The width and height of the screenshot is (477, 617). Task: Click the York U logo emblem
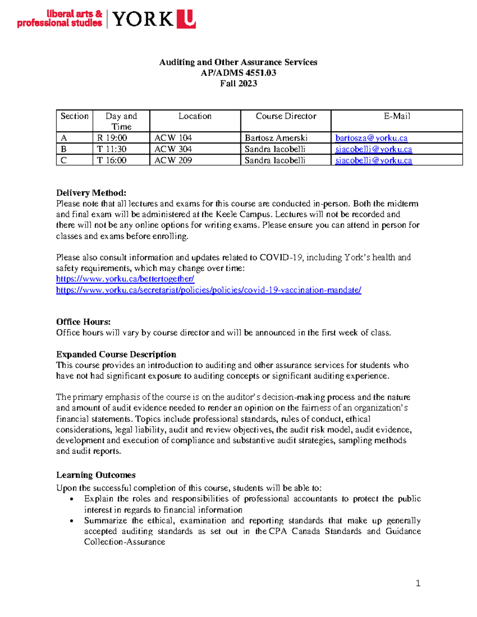(186, 19)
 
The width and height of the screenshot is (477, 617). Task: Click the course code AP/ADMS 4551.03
(238, 73)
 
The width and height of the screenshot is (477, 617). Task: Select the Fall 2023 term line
(238, 83)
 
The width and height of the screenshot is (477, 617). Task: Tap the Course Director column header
(286, 116)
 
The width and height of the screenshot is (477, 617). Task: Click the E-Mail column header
(397, 116)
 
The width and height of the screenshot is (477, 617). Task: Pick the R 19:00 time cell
(112, 138)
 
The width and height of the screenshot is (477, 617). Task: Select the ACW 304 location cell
(173, 149)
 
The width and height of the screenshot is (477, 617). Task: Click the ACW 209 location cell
(173, 160)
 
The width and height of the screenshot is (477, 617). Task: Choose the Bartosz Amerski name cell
(276, 138)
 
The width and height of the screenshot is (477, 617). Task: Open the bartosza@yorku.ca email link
(371, 138)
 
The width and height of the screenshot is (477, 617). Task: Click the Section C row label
(64, 160)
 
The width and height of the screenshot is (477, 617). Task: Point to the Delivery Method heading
(91, 193)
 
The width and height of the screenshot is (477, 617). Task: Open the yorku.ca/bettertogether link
(125, 279)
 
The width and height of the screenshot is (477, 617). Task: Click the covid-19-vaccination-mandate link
(208, 290)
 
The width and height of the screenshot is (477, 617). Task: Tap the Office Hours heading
(83, 322)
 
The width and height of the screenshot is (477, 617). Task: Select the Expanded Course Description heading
(116, 354)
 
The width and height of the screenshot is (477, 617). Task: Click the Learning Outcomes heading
(95, 475)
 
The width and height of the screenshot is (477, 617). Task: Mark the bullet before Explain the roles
(72, 499)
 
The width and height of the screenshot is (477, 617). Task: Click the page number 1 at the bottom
(418, 583)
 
